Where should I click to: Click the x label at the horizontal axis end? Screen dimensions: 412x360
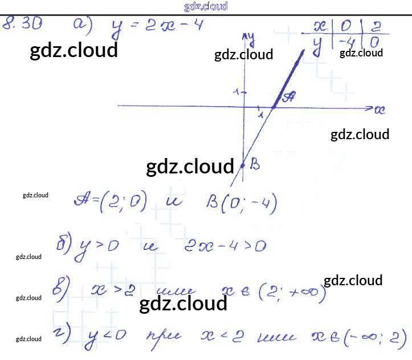[380, 109]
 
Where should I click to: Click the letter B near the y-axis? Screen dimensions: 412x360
[255, 165]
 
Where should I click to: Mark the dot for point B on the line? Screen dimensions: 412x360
[243, 165]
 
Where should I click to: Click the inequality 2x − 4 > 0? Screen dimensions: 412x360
[225, 246]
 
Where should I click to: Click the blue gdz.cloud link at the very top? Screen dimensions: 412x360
[206, 6]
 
